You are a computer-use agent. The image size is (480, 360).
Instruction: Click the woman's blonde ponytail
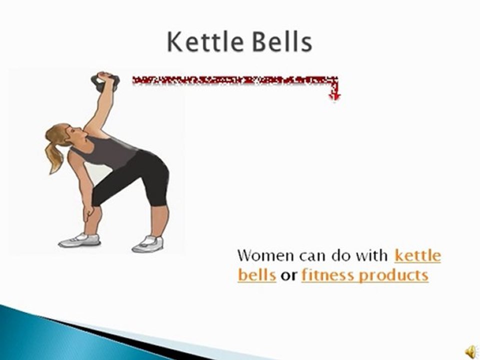coord(54,152)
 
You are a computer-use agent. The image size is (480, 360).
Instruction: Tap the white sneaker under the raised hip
coord(148,243)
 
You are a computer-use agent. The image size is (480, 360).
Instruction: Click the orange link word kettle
coord(417,256)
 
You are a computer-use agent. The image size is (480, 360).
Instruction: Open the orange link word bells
coord(257,275)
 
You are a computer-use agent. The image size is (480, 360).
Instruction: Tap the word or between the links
coord(288,275)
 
